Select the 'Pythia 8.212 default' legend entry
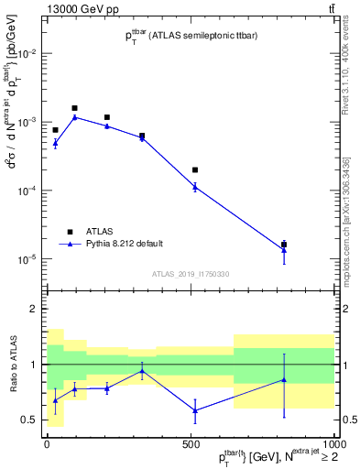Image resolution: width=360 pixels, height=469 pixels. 125,243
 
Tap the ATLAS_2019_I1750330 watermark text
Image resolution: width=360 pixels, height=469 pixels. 190,274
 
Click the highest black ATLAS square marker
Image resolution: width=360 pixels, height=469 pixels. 75,108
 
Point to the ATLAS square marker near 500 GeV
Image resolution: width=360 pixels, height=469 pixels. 195,169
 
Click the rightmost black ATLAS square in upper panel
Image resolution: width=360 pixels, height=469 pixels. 284,245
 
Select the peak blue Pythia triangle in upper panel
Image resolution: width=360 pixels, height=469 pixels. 75,117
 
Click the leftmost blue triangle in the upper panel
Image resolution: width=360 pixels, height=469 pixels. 55,143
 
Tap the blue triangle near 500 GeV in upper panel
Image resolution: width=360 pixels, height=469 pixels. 195,187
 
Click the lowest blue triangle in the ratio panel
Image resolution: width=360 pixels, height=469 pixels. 195,409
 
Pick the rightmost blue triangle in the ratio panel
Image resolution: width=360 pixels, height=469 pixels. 284,379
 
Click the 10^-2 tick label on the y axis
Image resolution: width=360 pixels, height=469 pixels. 27,54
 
